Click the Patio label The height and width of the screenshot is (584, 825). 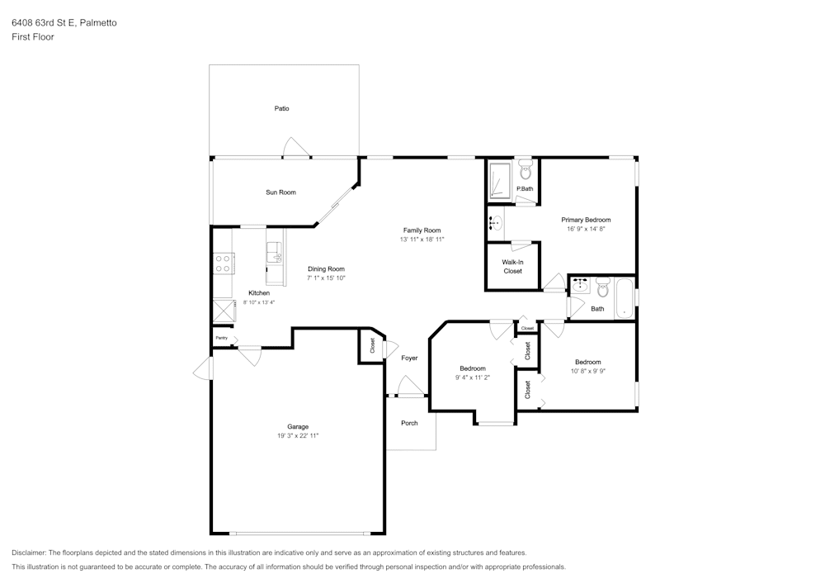click(281, 109)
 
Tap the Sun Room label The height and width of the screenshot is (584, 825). click(280, 192)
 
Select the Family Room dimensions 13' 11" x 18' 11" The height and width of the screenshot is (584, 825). click(422, 240)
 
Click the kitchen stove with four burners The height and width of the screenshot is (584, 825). click(223, 264)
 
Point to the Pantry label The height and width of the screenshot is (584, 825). click(221, 338)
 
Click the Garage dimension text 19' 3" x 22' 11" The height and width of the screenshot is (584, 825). click(297, 435)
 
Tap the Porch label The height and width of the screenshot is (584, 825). click(409, 423)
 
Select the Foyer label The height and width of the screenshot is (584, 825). click(409, 358)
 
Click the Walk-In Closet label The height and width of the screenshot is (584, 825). click(512, 266)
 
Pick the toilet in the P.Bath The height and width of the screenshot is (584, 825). click(526, 170)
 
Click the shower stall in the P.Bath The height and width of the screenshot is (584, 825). click(500, 181)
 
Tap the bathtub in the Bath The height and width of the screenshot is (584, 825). click(624, 299)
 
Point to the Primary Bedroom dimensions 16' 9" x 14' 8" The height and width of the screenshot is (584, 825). click(586, 229)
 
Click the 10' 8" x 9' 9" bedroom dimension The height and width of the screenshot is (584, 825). click(587, 371)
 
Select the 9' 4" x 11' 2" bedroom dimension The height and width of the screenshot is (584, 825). click(473, 377)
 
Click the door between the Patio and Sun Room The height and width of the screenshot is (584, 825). click(295, 150)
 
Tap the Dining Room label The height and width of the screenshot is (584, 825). click(326, 268)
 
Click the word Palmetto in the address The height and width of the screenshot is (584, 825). click(98, 23)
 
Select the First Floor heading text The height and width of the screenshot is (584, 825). click(33, 37)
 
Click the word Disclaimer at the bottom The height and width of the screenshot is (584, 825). click(29, 553)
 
